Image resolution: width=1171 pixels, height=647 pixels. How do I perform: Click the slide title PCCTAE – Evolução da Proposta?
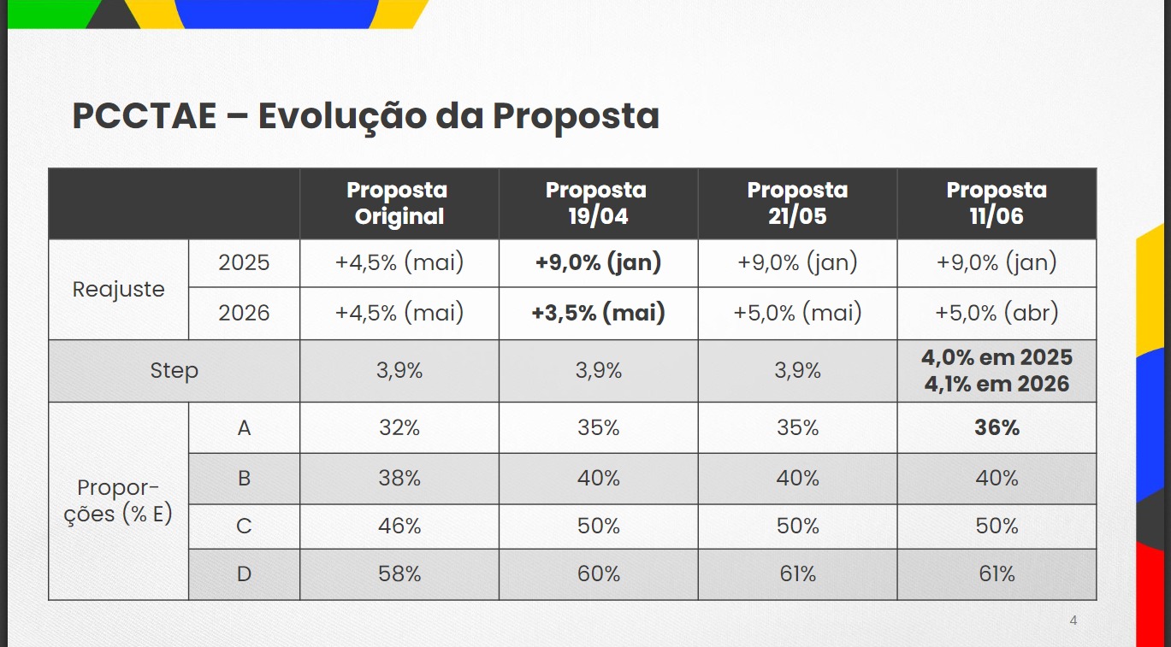(x=365, y=116)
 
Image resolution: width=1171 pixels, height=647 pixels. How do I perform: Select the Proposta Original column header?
(x=399, y=203)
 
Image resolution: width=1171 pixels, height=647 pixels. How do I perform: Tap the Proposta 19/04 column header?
(x=598, y=203)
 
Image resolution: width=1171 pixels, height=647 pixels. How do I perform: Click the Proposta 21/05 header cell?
(x=797, y=203)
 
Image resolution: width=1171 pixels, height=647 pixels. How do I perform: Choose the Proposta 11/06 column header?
(x=997, y=203)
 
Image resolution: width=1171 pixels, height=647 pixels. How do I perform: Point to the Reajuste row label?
(x=118, y=289)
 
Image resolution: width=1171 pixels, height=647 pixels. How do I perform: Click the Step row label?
(x=174, y=371)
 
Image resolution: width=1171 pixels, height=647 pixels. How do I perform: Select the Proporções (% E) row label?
(x=118, y=501)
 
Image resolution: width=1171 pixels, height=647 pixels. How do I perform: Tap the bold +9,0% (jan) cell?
(x=598, y=262)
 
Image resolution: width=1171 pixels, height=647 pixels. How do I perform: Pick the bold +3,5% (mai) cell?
(x=598, y=313)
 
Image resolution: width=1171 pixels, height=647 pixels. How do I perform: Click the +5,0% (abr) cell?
(x=997, y=313)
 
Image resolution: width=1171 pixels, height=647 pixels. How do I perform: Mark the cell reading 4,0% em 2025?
(x=997, y=357)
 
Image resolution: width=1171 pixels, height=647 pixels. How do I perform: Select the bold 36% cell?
(x=997, y=427)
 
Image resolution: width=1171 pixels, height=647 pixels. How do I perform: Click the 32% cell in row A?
(x=399, y=427)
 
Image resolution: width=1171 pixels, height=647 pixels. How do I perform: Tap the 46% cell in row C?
(x=399, y=526)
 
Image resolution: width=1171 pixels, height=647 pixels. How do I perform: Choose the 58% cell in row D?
(x=399, y=574)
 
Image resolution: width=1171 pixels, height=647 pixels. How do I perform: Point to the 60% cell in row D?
(x=598, y=574)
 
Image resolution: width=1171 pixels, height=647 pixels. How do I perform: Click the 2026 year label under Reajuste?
(x=244, y=313)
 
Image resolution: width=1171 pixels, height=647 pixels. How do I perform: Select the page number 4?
(x=1073, y=621)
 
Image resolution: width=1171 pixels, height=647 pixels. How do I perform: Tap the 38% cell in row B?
(x=399, y=478)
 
